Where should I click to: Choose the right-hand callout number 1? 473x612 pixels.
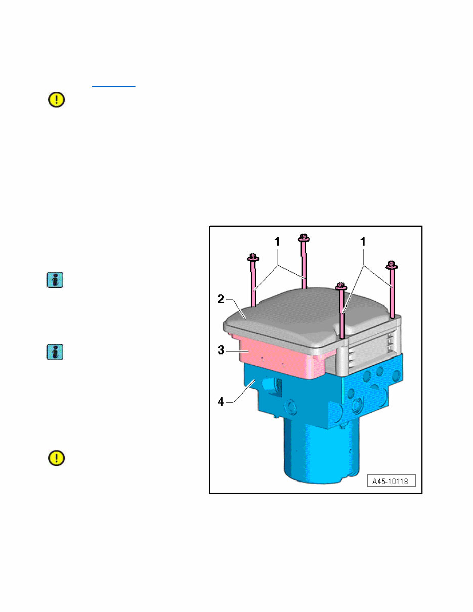coord(363,242)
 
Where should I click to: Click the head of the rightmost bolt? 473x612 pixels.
coord(390,265)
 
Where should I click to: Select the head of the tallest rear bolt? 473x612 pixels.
coord(304,237)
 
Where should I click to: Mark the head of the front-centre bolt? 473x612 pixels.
coord(341,286)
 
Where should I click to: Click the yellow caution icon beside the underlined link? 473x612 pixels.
coord(56,100)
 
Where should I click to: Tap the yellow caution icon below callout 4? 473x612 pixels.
coord(56,458)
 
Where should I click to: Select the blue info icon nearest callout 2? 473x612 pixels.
coord(55,281)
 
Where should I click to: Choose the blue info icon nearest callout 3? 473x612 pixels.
coord(55,352)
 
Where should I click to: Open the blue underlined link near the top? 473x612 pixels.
coord(114,86)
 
